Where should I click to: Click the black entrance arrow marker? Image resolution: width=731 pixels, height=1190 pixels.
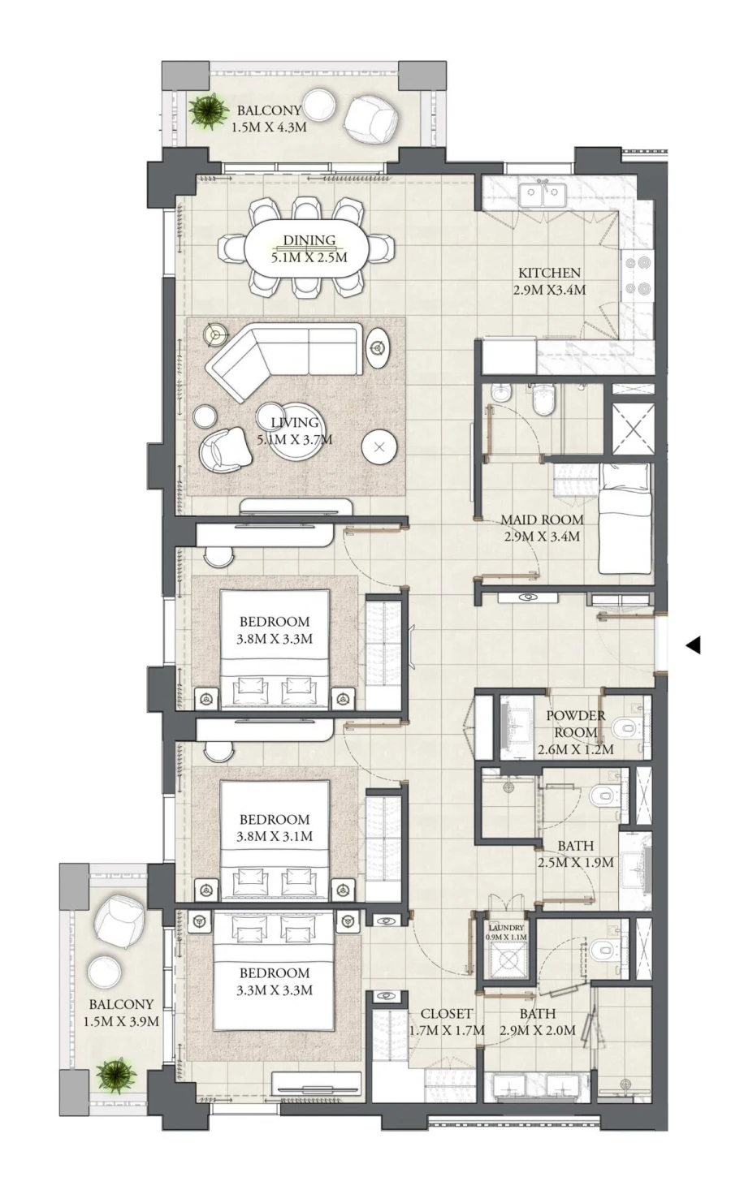693,645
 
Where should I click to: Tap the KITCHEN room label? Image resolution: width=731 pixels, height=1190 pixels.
549,273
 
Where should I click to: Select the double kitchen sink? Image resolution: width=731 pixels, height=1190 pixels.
542,194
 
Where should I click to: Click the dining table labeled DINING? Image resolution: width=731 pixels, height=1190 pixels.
308,248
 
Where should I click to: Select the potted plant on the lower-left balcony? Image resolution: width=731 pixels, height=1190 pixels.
115,1076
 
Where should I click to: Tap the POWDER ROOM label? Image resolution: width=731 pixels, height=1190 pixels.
575,723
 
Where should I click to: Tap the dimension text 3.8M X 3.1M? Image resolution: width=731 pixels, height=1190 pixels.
275,836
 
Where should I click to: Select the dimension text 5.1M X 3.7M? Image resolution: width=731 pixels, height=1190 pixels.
294,440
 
